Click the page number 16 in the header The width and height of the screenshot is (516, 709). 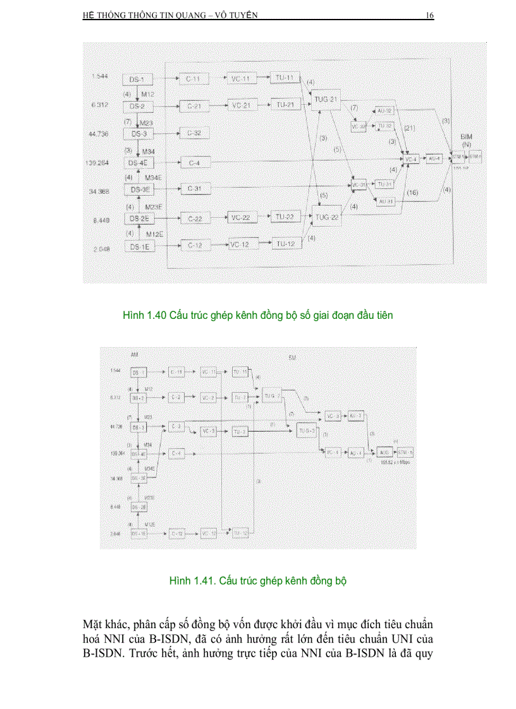pos(429,16)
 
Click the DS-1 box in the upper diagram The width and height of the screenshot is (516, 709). pos(137,79)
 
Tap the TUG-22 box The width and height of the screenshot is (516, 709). pos(327,218)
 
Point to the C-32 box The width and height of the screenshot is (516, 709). pos(194,134)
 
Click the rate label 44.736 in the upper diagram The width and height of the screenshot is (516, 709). pos(100,134)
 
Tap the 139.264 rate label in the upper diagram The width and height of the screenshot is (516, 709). pos(98,162)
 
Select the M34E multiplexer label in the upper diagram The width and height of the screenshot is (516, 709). pos(154,177)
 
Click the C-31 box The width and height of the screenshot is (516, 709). pos(194,189)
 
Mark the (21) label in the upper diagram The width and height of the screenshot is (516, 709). pos(409,128)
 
